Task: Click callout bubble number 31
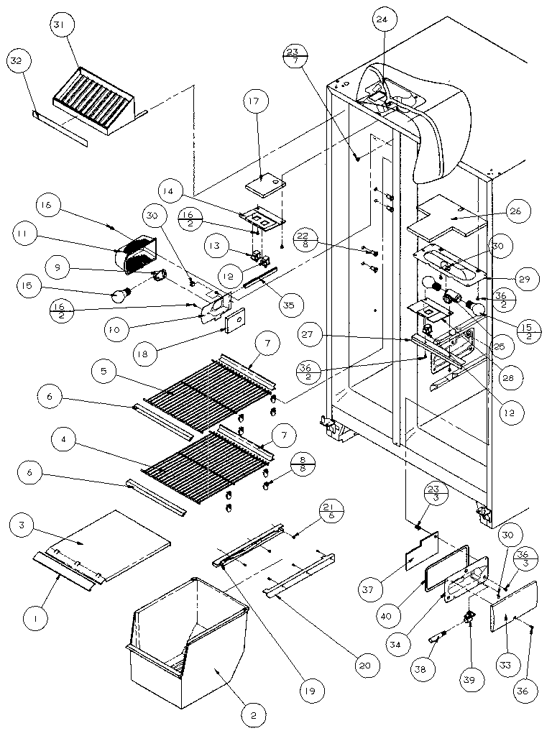pos(58,25)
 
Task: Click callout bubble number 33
pos(505,666)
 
